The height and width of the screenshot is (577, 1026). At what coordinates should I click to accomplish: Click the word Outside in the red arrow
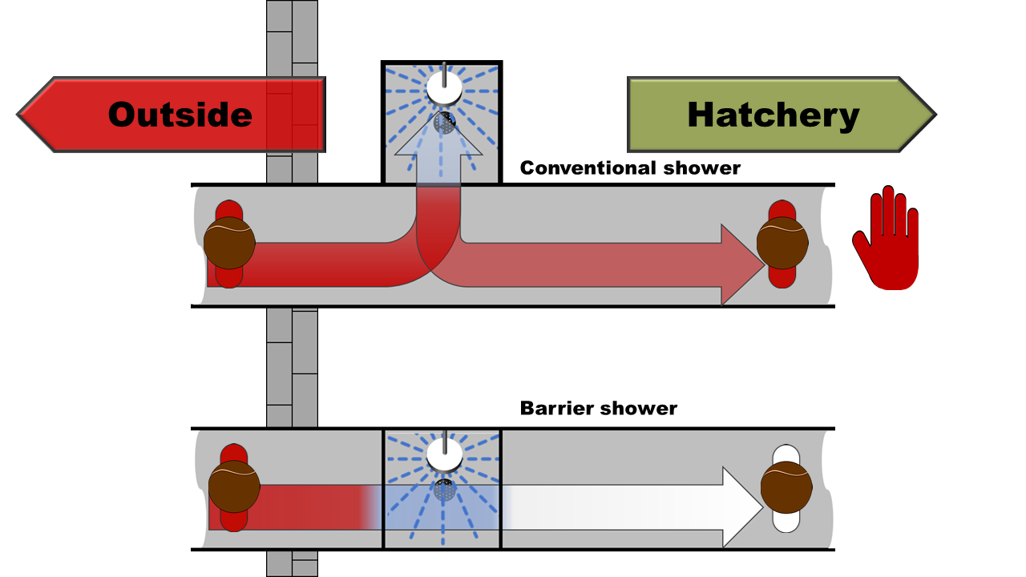pos(180,115)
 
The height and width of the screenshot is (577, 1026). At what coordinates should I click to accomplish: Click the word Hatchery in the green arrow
pos(773,115)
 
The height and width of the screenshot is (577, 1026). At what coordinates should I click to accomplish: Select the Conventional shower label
pos(630,168)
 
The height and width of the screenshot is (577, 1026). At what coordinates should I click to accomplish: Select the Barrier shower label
pos(599,408)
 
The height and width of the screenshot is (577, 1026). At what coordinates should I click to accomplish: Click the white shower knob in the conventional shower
pos(443,88)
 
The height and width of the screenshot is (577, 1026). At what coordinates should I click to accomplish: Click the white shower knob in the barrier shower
pos(443,454)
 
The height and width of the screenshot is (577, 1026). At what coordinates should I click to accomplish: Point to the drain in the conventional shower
pos(445,123)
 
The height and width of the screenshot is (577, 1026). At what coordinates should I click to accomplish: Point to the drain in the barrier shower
pos(444,489)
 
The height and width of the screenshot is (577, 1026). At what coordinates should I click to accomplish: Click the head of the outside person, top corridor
pos(229,243)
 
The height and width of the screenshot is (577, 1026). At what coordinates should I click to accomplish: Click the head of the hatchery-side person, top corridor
pos(782,242)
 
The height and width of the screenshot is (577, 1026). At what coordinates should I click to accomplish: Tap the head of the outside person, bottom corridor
pos(234,486)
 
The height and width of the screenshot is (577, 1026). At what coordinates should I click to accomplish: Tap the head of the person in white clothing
pos(786,487)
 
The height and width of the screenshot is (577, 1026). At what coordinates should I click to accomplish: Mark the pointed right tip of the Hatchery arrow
pos(934,115)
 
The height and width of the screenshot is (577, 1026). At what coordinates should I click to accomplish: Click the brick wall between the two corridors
pos(292,365)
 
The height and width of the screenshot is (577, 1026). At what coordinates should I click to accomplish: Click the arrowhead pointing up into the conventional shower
pos(438,136)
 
